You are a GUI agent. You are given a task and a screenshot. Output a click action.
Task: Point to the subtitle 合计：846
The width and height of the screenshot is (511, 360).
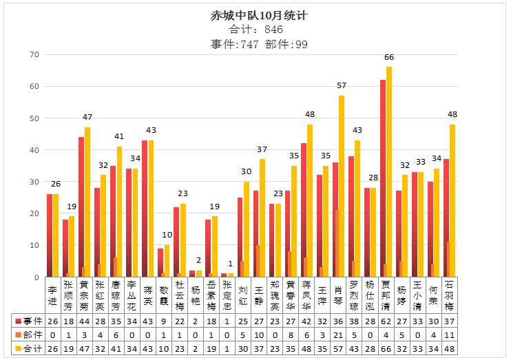click(x=255, y=30)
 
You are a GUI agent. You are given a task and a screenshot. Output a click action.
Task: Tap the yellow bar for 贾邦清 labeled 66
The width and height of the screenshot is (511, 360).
click(x=389, y=172)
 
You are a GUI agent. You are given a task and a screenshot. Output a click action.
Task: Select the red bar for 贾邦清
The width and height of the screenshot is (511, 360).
click(x=383, y=178)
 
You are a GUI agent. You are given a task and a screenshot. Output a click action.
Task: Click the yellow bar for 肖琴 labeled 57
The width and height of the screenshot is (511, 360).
click(x=342, y=186)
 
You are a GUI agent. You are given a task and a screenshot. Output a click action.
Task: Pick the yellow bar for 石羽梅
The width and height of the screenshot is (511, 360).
click(x=452, y=200)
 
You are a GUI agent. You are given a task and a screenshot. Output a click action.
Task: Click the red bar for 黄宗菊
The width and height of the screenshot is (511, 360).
click(x=81, y=207)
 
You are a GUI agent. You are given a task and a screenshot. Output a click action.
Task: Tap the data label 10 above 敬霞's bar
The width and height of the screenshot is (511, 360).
click(x=167, y=235)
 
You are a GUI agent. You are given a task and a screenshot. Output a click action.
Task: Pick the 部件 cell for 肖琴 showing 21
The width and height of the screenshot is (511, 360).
click(x=338, y=335)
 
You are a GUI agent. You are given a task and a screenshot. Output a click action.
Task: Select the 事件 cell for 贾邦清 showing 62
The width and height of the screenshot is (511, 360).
click(x=386, y=321)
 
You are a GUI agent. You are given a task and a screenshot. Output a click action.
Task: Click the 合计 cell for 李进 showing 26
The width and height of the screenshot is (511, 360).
click(x=53, y=349)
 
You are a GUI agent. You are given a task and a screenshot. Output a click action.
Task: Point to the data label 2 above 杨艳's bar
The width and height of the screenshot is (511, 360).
click(x=197, y=260)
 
